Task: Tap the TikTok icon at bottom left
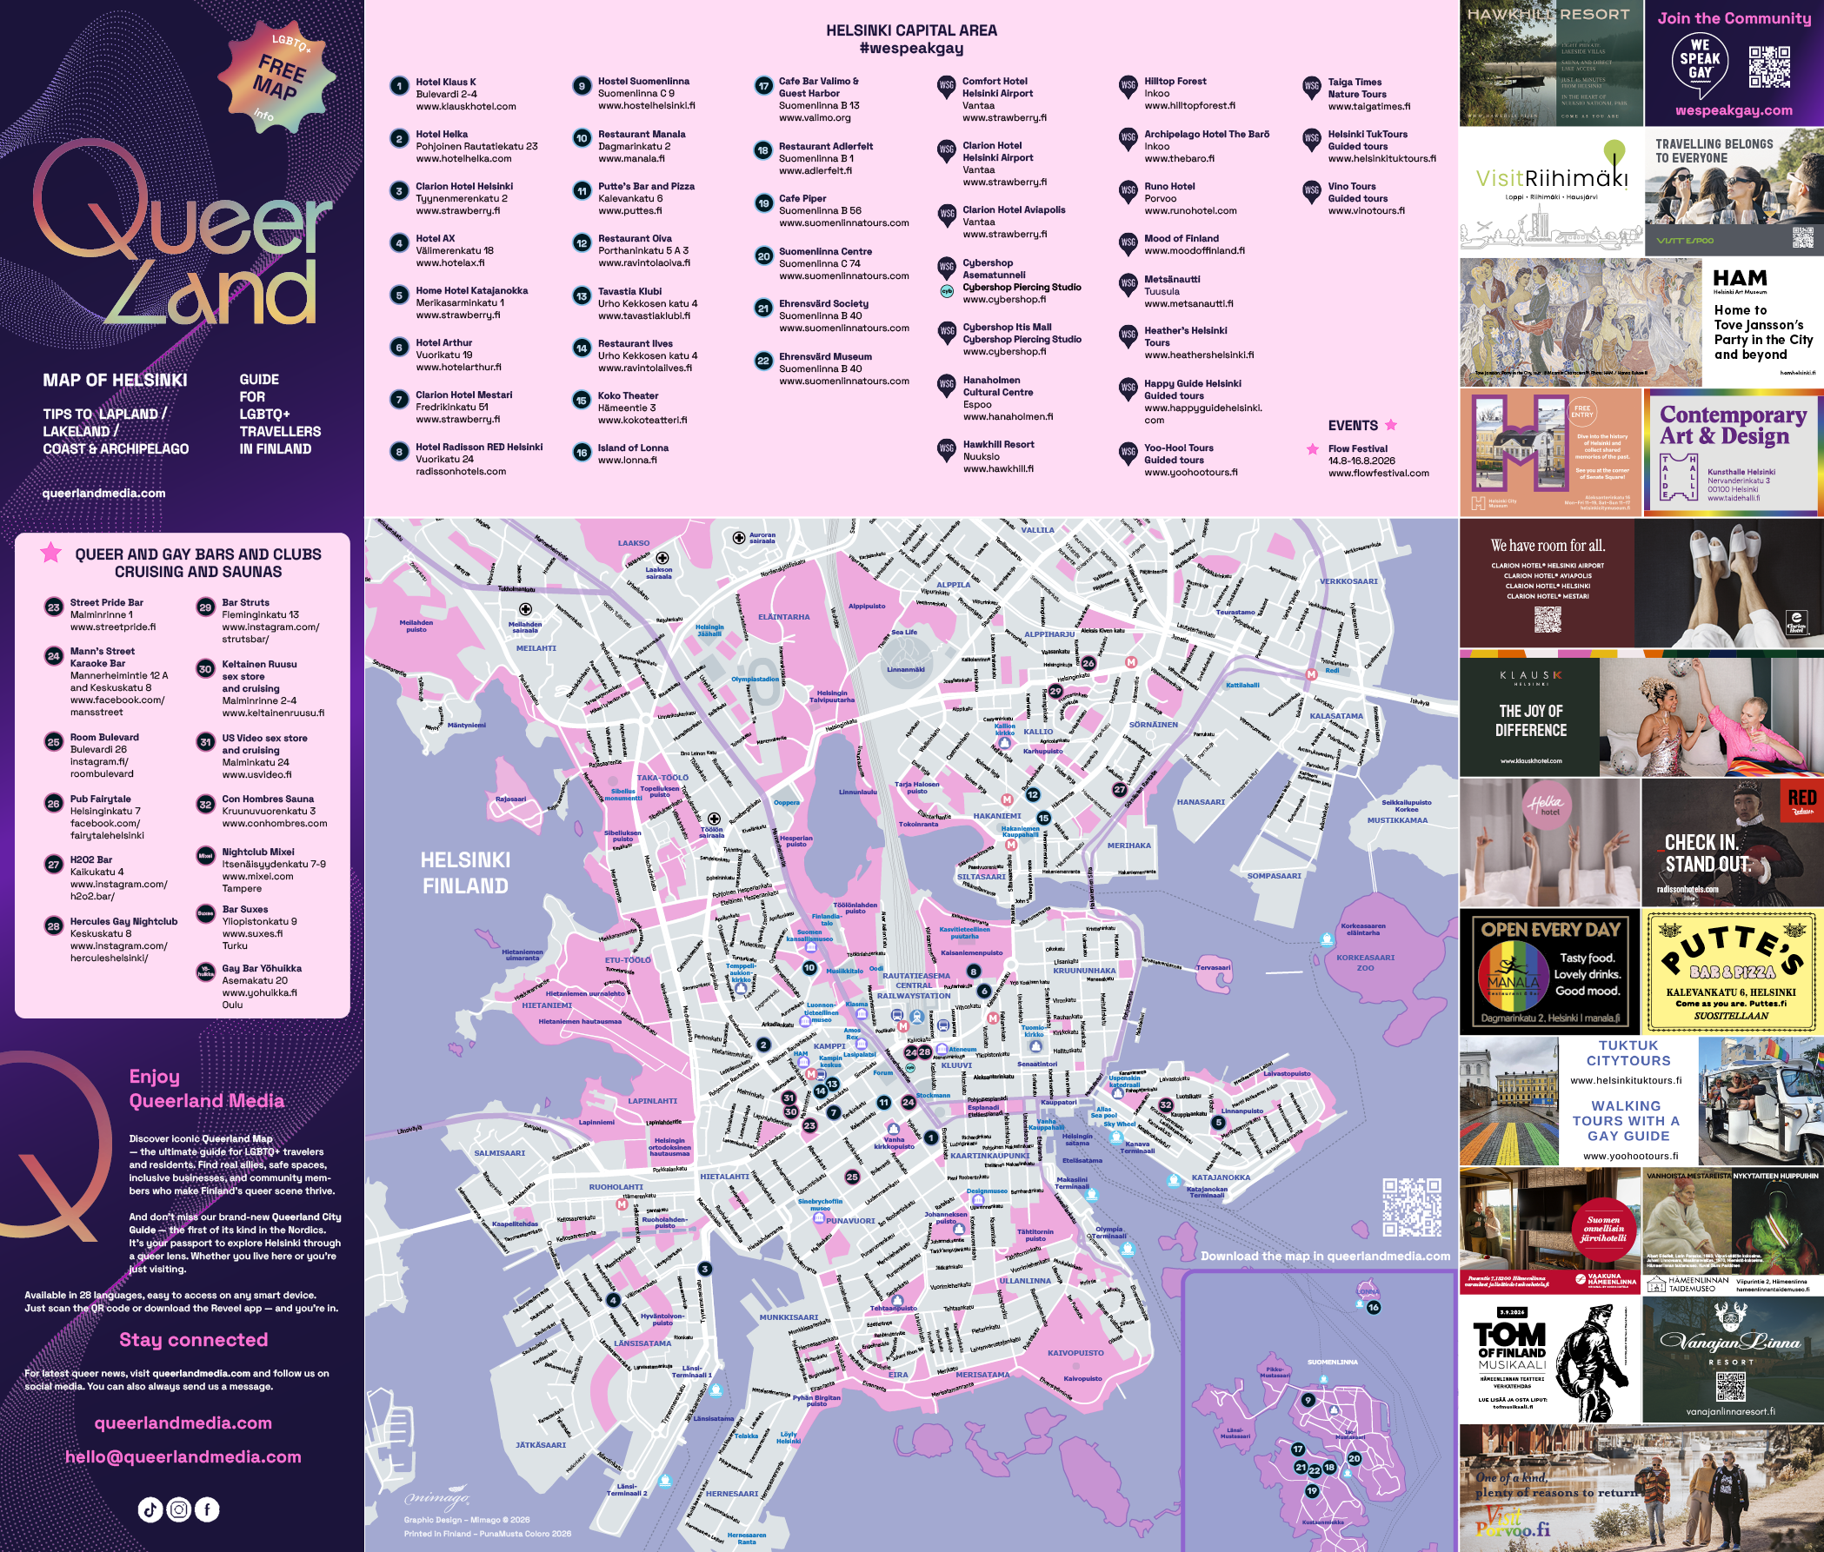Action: pyautogui.click(x=150, y=1509)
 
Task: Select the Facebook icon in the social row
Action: pyautogui.click(x=207, y=1509)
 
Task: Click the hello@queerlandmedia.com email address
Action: pyautogui.click(x=183, y=1457)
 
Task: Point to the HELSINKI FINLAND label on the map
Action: pyautogui.click(x=465, y=872)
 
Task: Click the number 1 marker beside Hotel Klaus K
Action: pyautogui.click(x=400, y=86)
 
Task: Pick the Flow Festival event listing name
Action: pyautogui.click(x=1357, y=448)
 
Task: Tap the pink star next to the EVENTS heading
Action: pyautogui.click(x=1391, y=425)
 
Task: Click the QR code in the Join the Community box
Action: pyautogui.click(x=1768, y=67)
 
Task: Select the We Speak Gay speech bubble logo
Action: pyautogui.click(x=1700, y=63)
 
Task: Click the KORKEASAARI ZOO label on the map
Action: pyautogui.click(x=1365, y=963)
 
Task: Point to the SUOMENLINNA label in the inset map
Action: pyautogui.click(x=1332, y=1362)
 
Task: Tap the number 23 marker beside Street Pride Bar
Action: pyautogui.click(x=54, y=607)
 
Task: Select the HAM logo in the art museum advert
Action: pyautogui.click(x=1740, y=279)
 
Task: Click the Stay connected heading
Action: pyautogui.click(x=194, y=1340)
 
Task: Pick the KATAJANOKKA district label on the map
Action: pyautogui.click(x=1220, y=1177)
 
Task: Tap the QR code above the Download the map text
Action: pyautogui.click(x=1411, y=1208)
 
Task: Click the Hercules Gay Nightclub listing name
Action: pyautogui.click(x=123, y=921)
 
